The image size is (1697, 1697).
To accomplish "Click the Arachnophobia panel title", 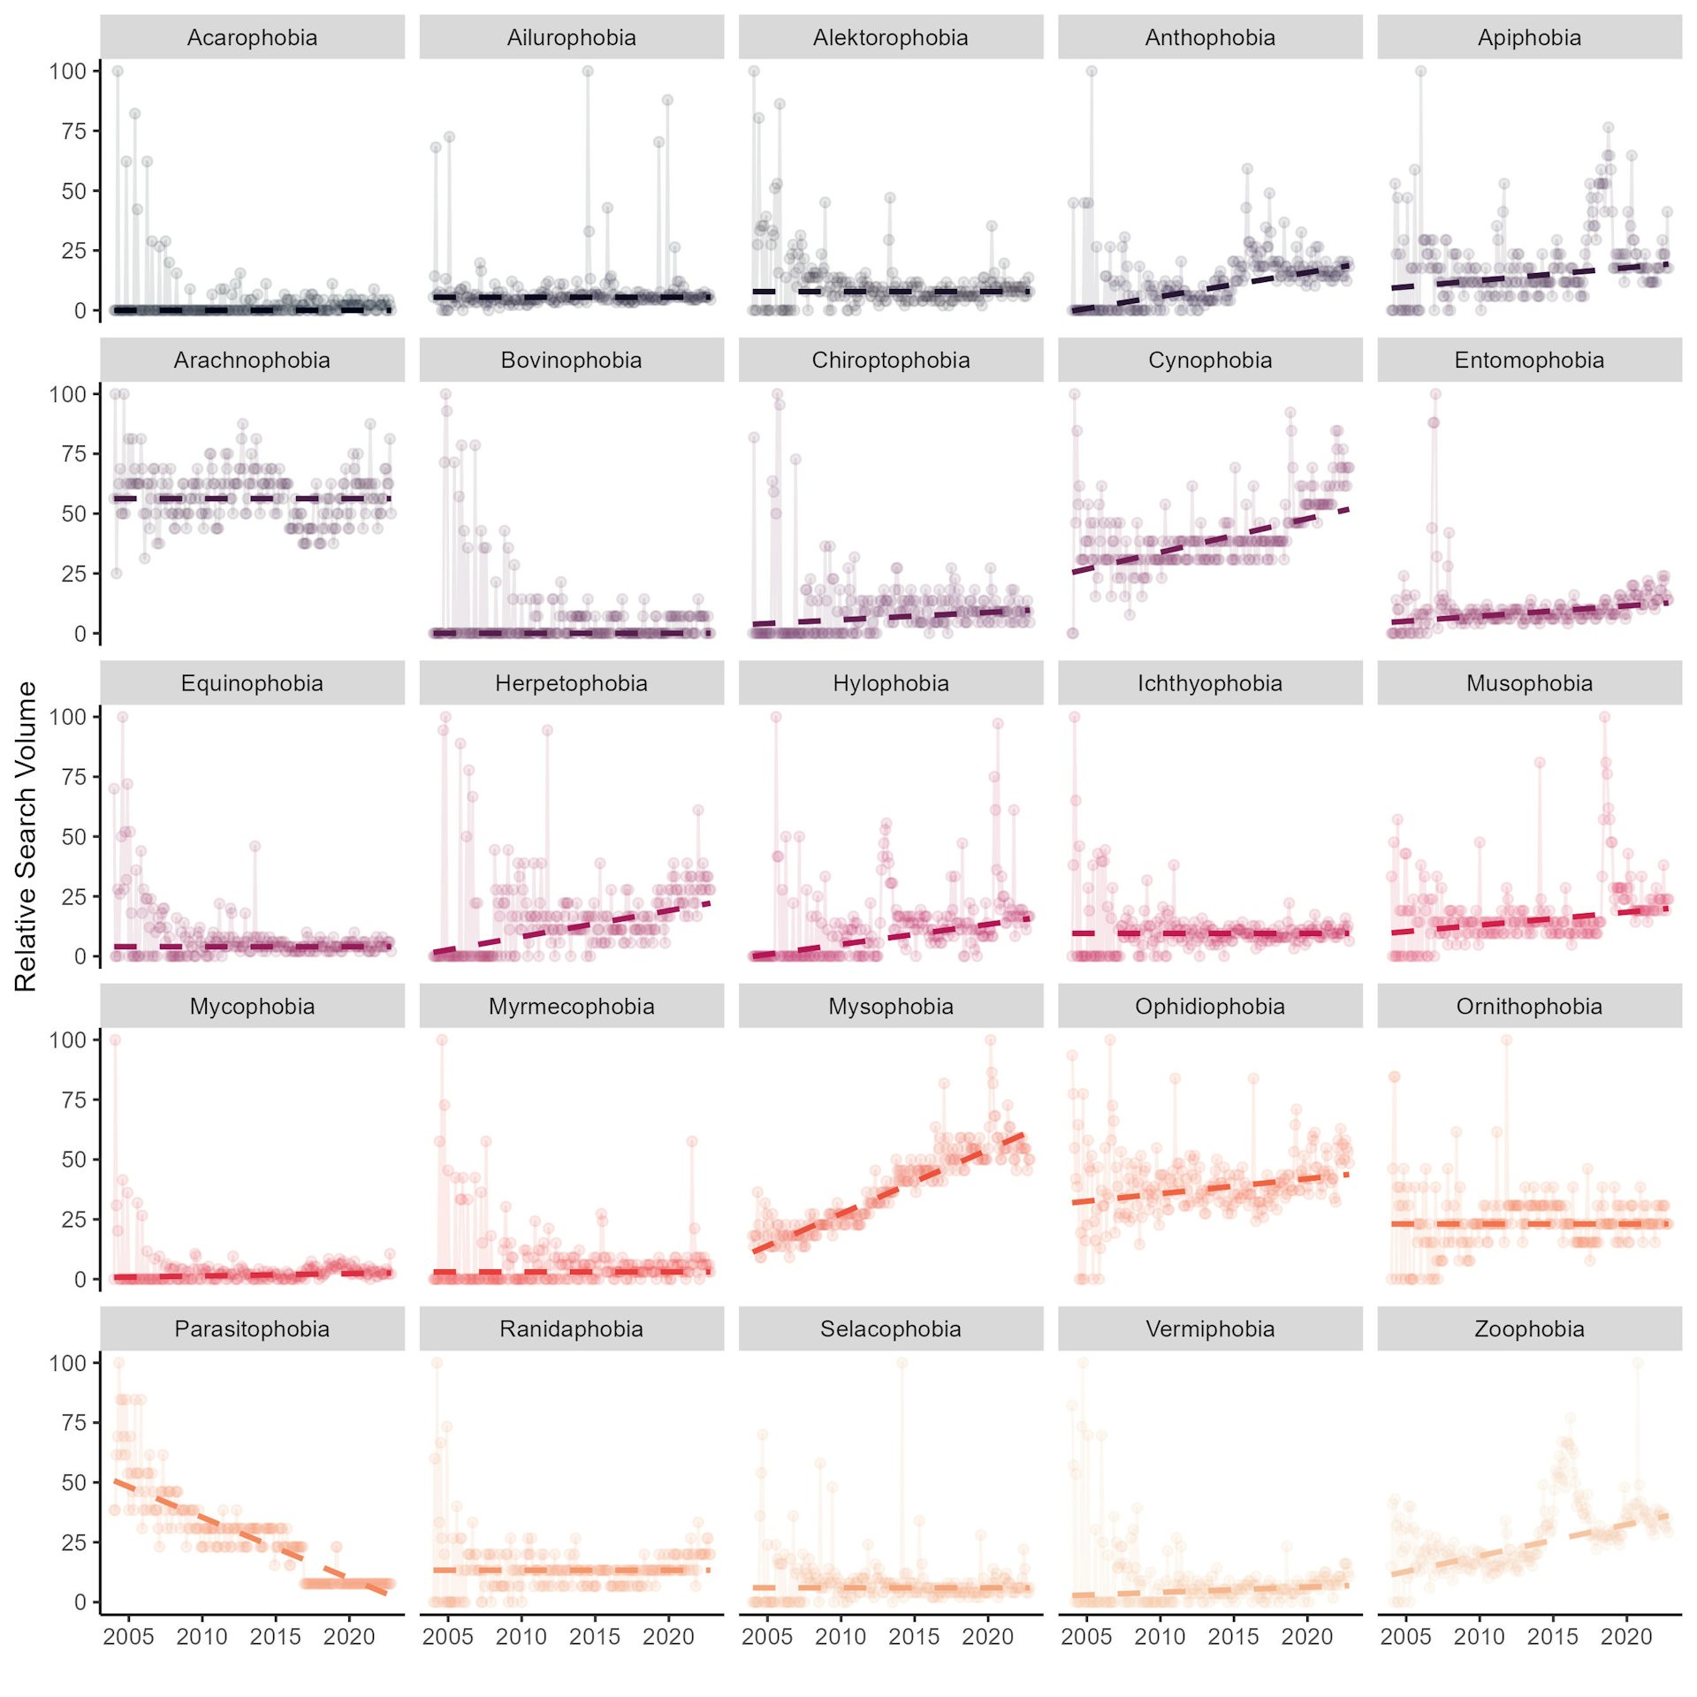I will tap(252, 361).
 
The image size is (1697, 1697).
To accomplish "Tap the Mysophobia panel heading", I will tap(890, 1007).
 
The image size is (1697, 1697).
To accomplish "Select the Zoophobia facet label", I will tap(1529, 1329).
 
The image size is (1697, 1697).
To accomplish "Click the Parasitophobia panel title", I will tap(252, 1329).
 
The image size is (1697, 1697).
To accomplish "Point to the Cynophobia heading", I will tap(1210, 361).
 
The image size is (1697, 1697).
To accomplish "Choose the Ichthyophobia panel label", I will tap(1210, 683).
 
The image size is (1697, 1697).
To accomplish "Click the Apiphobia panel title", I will tap(1529, 38).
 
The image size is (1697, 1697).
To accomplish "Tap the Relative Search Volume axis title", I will tap(26, 835).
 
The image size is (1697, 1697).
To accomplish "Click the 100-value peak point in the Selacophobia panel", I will tap(902, 1363).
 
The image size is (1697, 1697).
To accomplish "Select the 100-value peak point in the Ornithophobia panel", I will tap(1506, 1040).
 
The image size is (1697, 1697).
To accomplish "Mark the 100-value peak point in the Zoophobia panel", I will tap(1638, 1363).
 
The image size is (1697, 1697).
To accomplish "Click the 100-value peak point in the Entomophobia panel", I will tap(1435, 394).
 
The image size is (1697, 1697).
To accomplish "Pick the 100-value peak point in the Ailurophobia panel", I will tap(588, 72).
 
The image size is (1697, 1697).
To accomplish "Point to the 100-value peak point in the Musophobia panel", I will tap(1604, 717).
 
